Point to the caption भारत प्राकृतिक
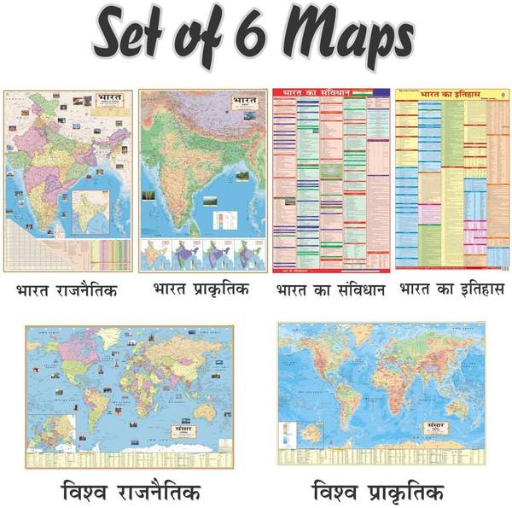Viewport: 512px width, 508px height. [x=201, y=289]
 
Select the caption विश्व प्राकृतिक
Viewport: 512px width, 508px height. [x=377, y=493]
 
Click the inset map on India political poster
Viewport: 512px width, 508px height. [x=98, y=213]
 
